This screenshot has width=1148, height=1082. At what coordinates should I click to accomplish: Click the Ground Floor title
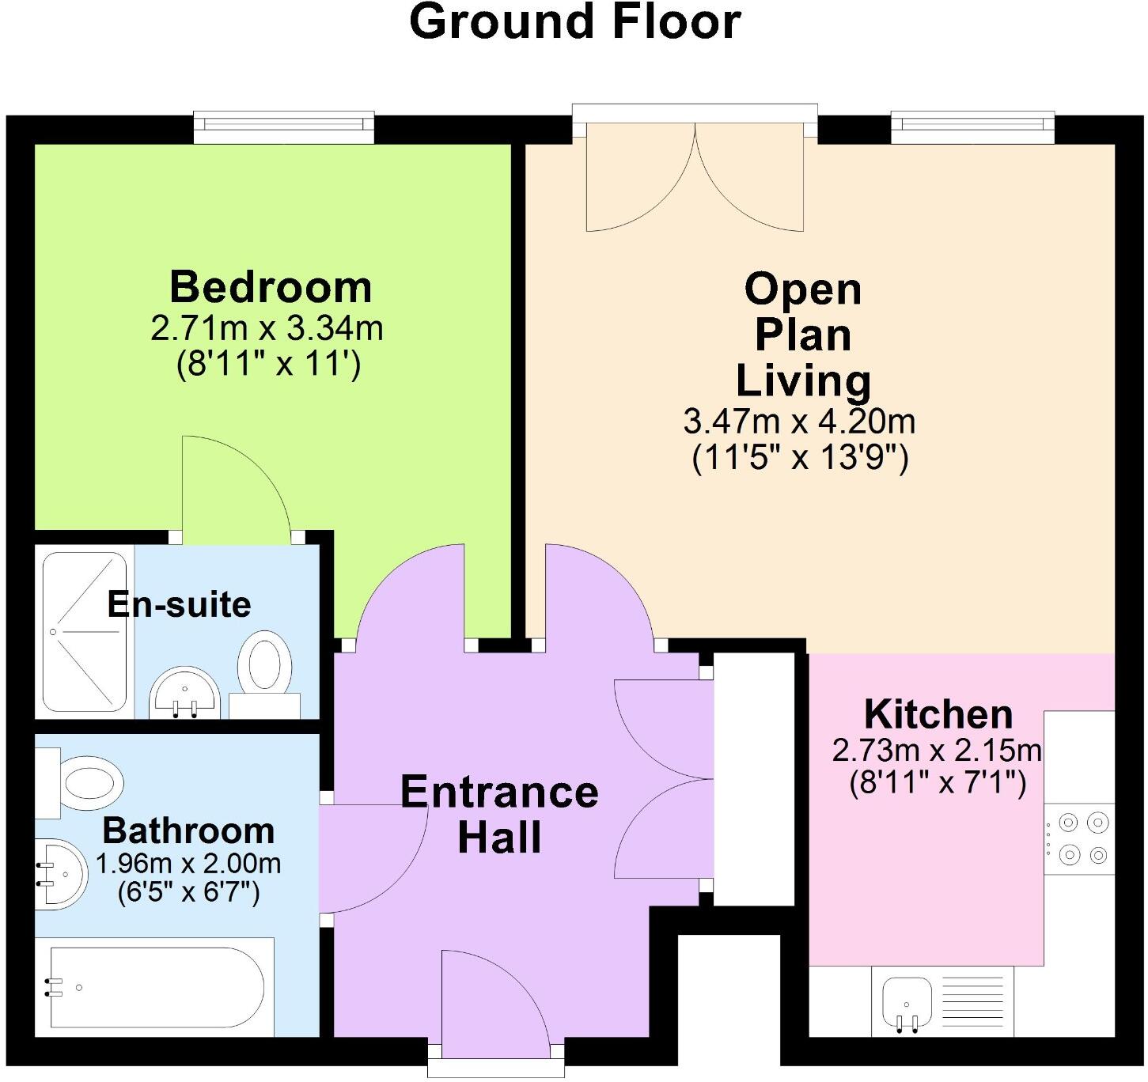(x=574, y=22)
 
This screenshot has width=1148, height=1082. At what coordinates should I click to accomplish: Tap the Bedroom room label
(x=271, y=287)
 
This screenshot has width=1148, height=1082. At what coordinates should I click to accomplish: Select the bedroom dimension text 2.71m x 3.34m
(x=267, y=329)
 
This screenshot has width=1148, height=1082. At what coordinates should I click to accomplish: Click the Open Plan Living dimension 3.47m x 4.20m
(x=799, y=422)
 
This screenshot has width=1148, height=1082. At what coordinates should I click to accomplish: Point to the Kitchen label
(x=938, y=715)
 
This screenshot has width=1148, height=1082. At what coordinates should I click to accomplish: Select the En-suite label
(x=180, y=605)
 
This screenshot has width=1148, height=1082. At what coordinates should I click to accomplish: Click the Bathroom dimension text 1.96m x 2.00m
(x=188, y=863)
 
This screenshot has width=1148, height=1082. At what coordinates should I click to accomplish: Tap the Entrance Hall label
(x=499, y=815)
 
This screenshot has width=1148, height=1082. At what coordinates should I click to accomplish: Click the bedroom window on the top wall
(x=284, y=125)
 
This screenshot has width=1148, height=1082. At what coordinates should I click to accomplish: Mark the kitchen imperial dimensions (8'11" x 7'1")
(x=938, y=784)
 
